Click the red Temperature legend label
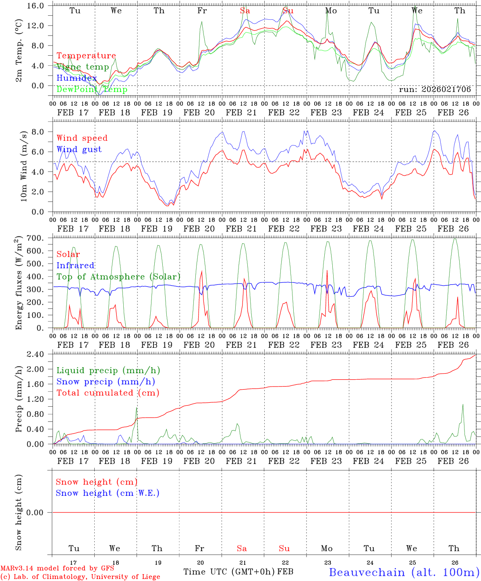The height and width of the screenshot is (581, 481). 86,56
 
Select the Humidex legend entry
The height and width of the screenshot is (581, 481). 77,78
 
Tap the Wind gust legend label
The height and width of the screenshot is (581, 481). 79,149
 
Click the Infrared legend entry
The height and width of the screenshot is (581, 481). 75,265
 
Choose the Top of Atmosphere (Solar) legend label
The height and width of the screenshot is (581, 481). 118,277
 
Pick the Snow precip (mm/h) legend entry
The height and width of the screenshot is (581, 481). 106,382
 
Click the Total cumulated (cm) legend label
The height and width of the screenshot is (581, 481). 108,393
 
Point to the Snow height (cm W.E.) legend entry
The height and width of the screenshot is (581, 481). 108,493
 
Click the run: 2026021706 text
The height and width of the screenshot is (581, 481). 435,90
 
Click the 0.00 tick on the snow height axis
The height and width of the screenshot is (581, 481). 39,512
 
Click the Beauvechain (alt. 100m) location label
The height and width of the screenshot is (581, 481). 404,572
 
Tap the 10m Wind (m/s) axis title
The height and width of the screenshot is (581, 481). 23,165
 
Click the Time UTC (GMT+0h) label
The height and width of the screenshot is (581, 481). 229,572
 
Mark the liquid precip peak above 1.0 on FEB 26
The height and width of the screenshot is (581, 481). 463,405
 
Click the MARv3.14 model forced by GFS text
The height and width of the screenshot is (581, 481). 57,568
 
